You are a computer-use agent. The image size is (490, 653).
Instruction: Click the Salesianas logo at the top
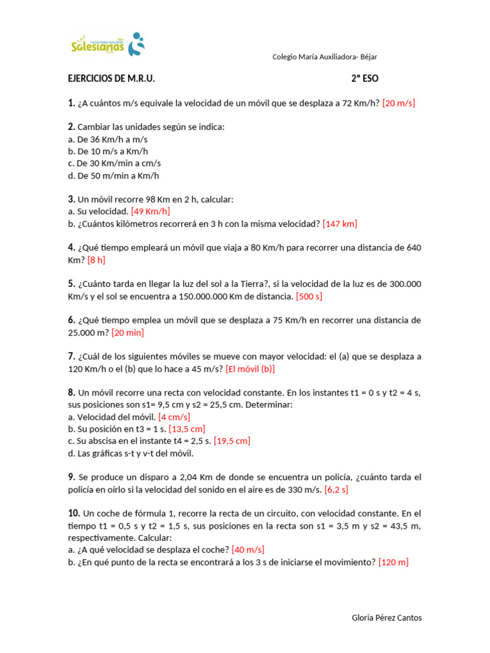click(x=108, y=45)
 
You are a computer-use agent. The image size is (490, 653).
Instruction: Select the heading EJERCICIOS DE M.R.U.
click(x=111, y=79)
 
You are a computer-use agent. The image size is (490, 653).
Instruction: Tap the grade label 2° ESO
click(x=364, y=79)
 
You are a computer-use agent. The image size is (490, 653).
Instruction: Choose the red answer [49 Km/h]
click(x=150, y=211)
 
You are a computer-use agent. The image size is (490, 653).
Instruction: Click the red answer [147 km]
click(x=339, y=223)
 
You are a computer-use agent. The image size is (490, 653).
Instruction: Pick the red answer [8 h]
click(x=96, y=260)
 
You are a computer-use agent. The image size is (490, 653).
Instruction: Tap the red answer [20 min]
click(x=128, y=332)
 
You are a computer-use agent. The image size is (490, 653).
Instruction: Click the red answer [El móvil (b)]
click(x=250, y=369)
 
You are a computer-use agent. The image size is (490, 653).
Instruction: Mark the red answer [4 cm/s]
click(x=174, y=417)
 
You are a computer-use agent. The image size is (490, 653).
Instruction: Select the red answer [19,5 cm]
click(x=232, y=441)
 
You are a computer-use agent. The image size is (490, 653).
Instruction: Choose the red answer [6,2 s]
click(x=336, y=490)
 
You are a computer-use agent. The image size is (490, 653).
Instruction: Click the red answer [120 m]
click(x=393, y=562)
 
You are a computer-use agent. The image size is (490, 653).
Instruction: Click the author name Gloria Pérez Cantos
click(x=387, y=618)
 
